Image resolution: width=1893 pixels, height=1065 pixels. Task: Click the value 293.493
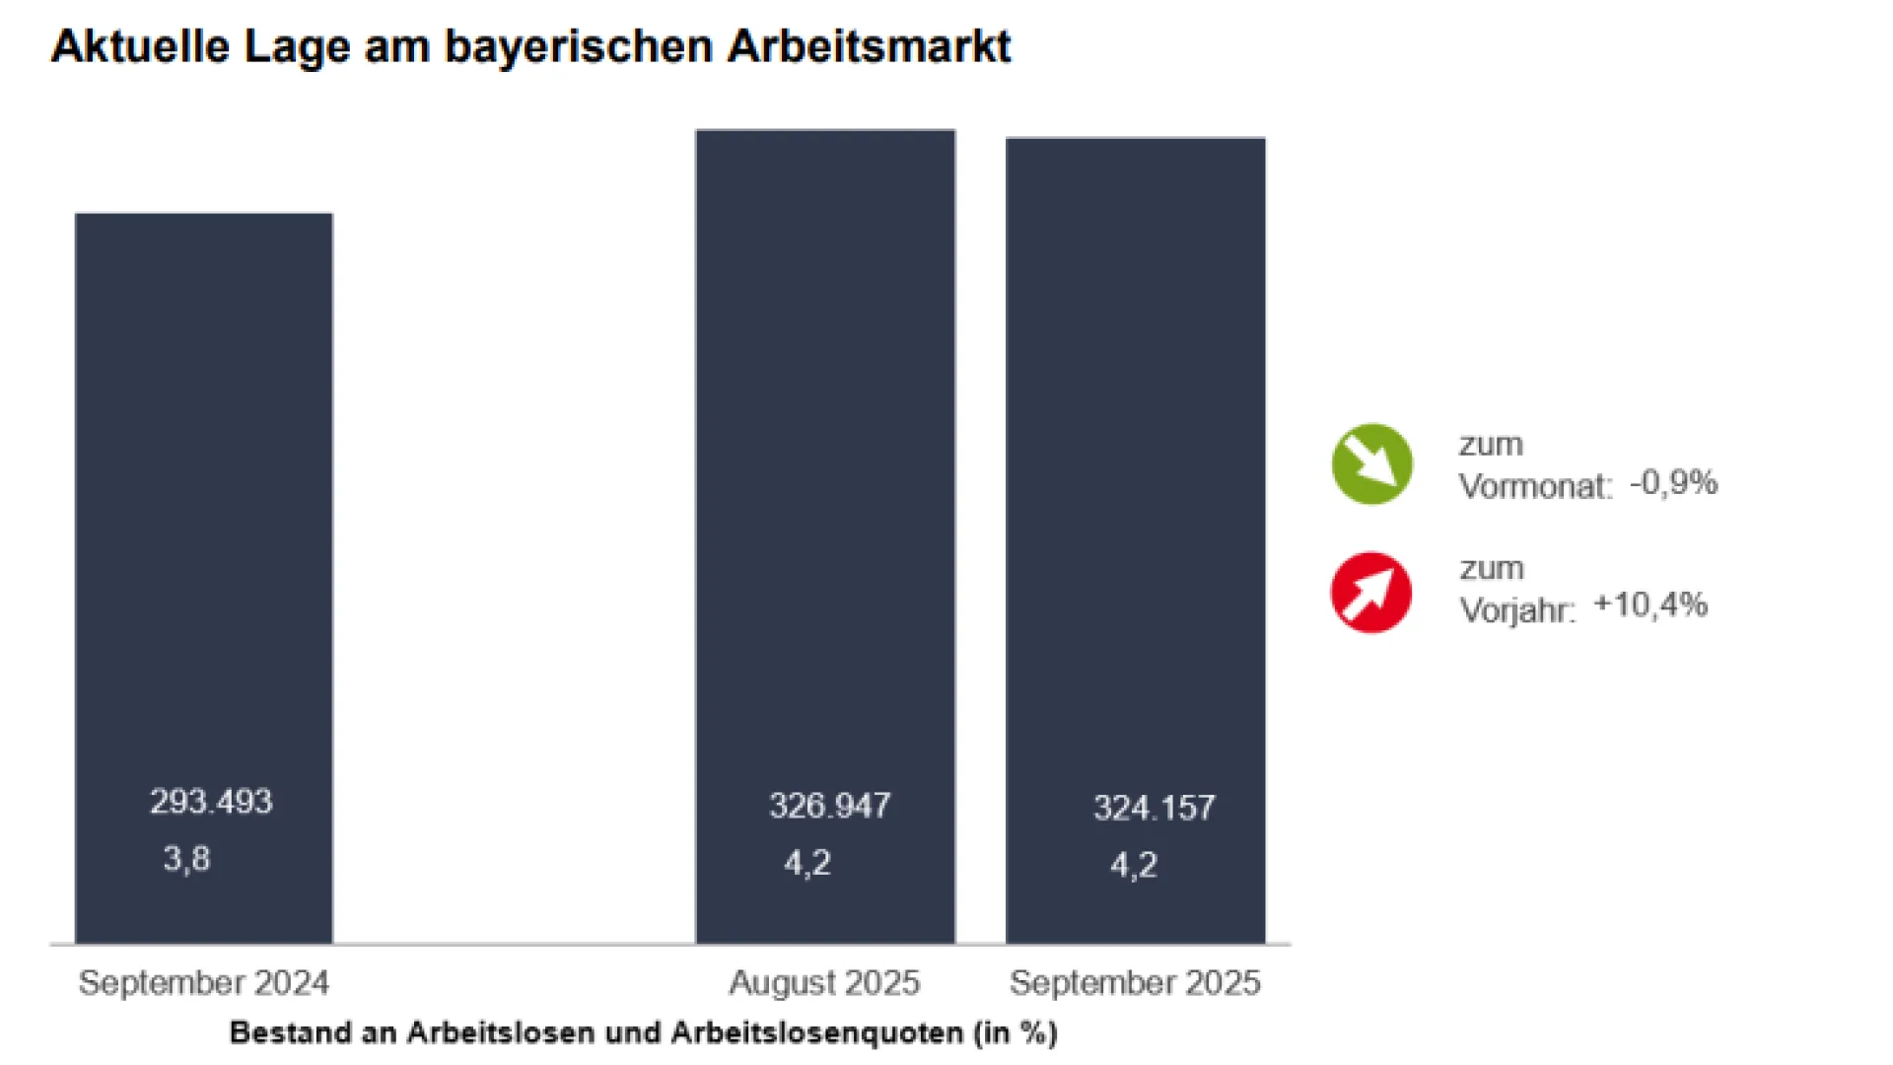(x=211, y=802)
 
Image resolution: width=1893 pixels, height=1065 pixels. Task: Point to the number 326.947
(x=830, y=806)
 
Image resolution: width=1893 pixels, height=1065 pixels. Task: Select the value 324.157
(x=1154, y=809)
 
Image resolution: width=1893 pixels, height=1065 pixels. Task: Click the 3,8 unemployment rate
(x=186, y=859)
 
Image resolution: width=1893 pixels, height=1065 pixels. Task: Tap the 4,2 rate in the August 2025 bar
(x=807, y=863)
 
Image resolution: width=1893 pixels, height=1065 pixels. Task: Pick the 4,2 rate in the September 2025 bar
(x=1134, y=865)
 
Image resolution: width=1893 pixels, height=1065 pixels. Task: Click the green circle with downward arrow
(x=1371, y=463)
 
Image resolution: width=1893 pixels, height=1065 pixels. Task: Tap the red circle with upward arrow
(x=1370, y=592)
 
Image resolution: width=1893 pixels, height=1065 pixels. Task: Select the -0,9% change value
(x=1673, y=483)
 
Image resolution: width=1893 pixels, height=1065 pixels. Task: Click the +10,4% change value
(x=1650, y=604)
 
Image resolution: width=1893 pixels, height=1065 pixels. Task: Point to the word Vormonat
(x=1534, y=486)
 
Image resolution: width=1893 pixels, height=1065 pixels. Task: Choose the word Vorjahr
(x=1516, y=610)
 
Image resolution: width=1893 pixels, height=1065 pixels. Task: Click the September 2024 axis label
(x=204, y=982)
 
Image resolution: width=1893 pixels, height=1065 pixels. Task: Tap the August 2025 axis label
(x=824, y=982)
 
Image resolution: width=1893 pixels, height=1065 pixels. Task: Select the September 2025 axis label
(x=1135, y=982)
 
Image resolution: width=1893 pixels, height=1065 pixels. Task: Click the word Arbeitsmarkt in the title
(x=869, y=46)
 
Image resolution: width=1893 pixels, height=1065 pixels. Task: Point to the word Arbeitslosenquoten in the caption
(x=817, y=1032)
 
